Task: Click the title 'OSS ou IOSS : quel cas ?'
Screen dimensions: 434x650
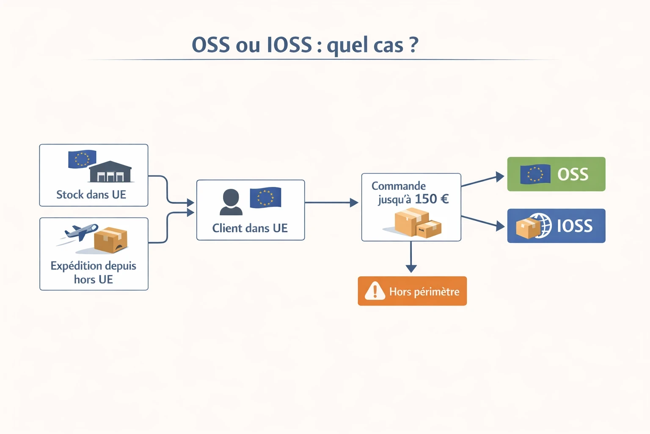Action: point(305,45)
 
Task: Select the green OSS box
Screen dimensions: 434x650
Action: point(556,174)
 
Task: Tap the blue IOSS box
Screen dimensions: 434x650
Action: point(556,226)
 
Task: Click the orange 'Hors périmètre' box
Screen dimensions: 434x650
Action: point(412,291)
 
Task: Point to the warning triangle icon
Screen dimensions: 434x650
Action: point(375,291)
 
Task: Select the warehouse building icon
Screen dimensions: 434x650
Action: point(110,172)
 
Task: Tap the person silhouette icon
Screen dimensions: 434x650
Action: point(231,202)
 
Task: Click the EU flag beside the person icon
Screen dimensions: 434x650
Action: point(265,198)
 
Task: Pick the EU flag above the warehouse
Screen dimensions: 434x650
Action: point(82,159)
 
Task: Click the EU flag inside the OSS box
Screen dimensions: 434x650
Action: point(535,174)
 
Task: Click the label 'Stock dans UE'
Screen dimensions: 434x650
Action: point(91,195)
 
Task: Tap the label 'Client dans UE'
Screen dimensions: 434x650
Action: point(250,228)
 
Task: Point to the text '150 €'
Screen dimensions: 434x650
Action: point(431,199)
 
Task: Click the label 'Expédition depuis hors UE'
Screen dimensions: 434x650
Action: point(93,272)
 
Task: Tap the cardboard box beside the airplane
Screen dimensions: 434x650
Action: point(110,239)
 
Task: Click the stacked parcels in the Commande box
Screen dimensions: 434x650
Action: point(417,223)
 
